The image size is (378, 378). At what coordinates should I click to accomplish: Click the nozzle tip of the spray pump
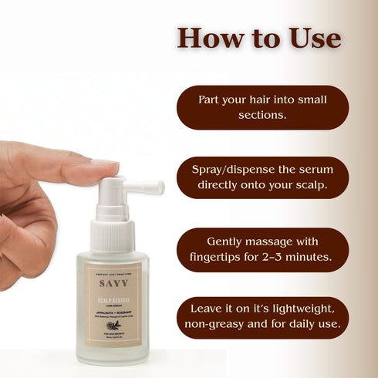[x=159, y=187]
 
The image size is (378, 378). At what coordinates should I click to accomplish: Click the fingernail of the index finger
[x=103, y=162]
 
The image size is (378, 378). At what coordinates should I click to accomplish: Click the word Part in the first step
[x=211, y=100]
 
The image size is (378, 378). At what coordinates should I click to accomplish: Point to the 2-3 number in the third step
[x=290, y=257]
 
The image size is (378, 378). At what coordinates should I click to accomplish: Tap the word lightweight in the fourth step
[x=301, y=308]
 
